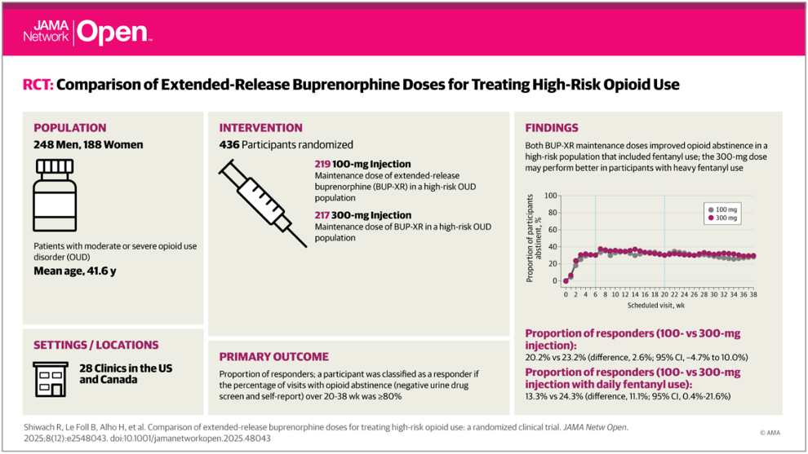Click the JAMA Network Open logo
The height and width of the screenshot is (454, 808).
[87, 31]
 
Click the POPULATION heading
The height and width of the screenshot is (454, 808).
[70, 127]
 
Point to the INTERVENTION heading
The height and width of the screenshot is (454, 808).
[260, 127]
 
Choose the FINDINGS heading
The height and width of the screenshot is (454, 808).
[552, 127]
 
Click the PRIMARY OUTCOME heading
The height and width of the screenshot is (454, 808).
[273, 356]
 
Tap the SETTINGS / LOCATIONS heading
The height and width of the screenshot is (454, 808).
[95, 345]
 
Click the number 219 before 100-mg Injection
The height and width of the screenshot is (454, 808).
[323, 164]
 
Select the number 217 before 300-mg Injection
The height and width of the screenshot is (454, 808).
[323, 215]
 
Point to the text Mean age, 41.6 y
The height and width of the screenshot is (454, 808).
[74, 271]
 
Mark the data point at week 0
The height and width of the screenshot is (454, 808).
[566, 281]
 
